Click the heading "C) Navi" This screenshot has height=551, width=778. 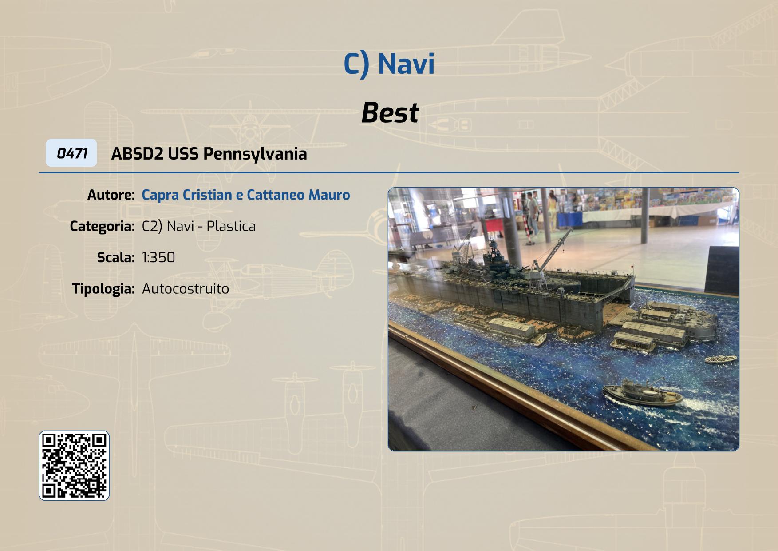tap(389, 64)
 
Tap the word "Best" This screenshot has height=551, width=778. tap(390, 112)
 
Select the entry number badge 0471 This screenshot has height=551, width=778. tap(71, 153)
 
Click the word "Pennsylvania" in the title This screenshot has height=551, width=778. tap(255, 154)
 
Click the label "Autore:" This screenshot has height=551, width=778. tap(111, 195)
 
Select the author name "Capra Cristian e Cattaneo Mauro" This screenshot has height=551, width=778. tap(246, 195)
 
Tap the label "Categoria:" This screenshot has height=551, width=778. tap(102, 226)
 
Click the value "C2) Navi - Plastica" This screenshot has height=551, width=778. tap(199, 226)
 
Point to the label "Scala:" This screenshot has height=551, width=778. tap(116, 257)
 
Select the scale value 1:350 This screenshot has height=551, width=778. tap(158, 257)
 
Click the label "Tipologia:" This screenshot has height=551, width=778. tap(103, 289)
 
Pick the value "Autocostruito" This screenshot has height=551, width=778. tap(186, 289)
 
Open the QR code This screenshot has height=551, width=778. tap(74, 466)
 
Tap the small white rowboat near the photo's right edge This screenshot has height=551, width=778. tap(721, 359)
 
